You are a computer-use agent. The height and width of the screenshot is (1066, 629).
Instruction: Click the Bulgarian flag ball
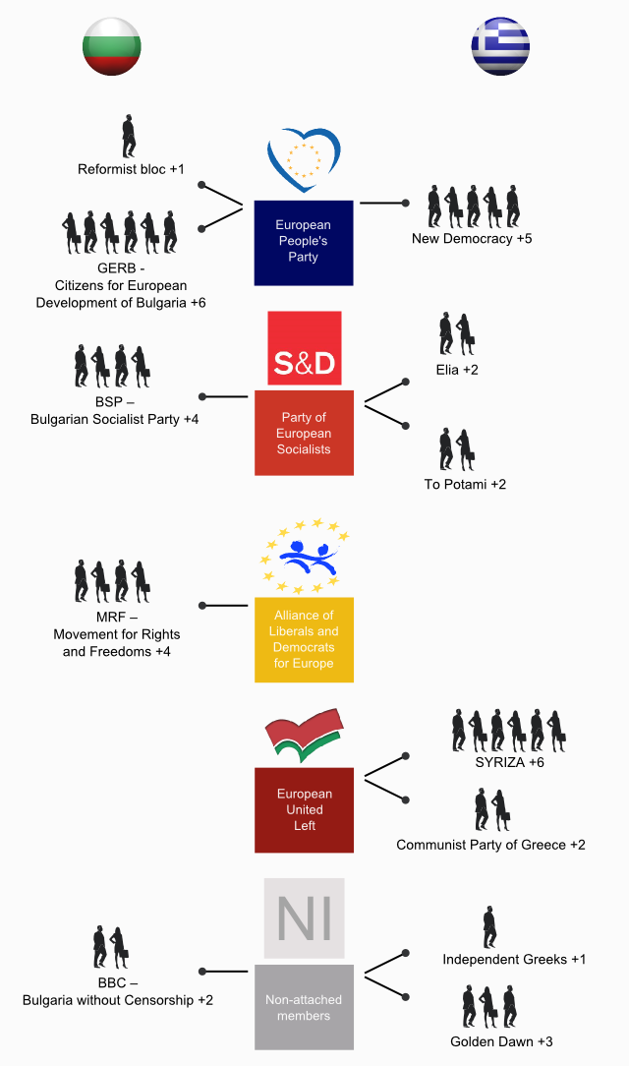112,46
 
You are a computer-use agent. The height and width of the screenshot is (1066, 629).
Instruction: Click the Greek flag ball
500,46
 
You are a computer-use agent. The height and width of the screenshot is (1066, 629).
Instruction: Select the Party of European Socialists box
304,433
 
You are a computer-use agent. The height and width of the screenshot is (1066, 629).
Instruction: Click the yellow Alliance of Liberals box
304,639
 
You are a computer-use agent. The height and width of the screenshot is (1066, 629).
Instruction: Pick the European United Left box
304,809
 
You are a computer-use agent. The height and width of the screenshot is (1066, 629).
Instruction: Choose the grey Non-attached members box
304,1007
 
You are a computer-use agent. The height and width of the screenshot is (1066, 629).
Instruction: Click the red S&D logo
304,348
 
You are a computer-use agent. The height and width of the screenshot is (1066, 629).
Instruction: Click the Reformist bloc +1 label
131,169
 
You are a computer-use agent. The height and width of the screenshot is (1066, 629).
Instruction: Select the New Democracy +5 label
472,238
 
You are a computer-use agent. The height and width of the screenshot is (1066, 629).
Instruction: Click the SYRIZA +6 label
508,762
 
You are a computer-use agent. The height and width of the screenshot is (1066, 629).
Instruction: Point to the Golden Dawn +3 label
501,1041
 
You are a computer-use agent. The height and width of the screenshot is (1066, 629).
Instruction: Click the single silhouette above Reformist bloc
129,136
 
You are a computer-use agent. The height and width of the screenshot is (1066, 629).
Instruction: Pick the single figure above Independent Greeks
489,927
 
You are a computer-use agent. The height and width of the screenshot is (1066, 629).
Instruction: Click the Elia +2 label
457,370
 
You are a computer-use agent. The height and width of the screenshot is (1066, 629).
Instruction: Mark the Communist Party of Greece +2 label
490,845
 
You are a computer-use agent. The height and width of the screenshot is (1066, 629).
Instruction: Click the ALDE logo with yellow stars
304,557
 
